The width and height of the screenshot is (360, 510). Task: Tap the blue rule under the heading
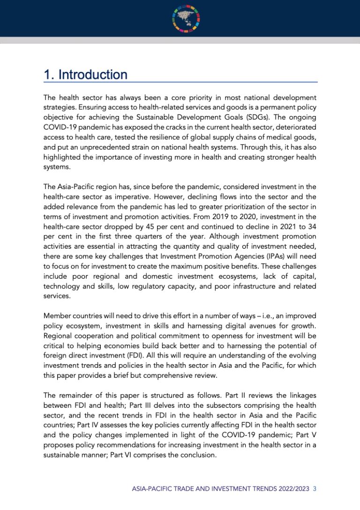[180, 83]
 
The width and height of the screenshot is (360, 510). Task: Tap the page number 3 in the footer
[315, 488]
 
